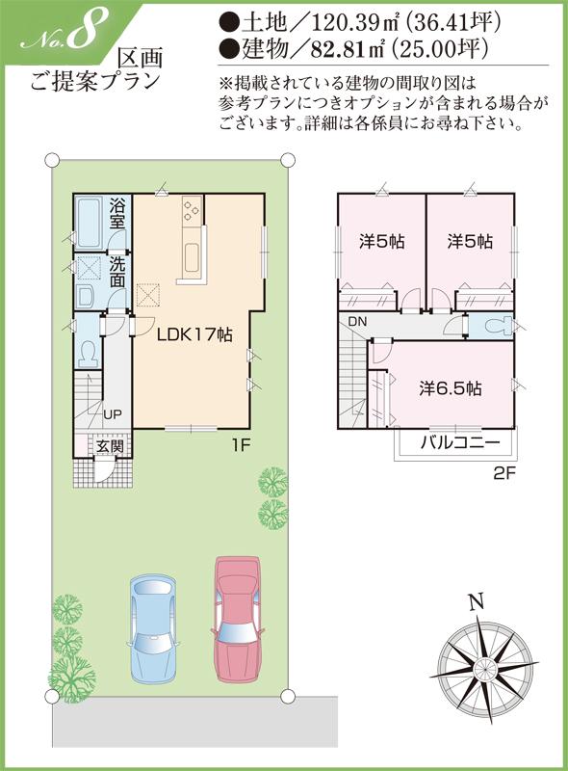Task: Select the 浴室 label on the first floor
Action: click(117, 213)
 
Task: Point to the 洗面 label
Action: click(117, 272)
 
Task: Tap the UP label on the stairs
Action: click(113, 414)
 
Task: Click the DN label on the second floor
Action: click(358, 321)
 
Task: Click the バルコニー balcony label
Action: click(457, 444)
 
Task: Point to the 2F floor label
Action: click(504, 472)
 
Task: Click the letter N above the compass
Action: click(475, 603)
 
